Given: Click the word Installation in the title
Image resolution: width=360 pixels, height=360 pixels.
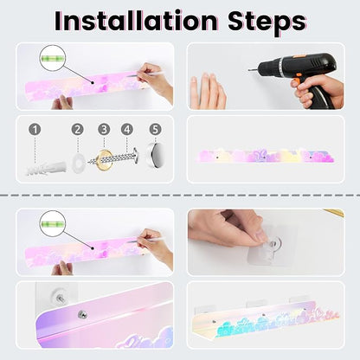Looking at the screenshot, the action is pos(136,21).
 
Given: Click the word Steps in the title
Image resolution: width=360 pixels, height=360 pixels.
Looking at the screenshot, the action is pos(267,22).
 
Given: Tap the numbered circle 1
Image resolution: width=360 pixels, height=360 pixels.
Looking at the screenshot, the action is pos(35,130).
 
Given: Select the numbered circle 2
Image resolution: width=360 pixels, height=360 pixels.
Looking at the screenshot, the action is pos(78,130).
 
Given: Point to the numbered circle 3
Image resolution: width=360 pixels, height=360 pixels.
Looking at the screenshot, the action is pos(104,130).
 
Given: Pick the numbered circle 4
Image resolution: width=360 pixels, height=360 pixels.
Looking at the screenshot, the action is pos(127,130).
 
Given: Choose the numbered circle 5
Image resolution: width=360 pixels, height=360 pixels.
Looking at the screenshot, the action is pos(155,130).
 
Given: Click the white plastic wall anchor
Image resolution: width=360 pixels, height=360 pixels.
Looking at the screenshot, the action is pos(46,169).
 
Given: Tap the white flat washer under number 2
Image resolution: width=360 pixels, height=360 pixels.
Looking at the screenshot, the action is pos(77,164).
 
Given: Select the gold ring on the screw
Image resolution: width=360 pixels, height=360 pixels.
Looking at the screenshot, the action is pos(105,159).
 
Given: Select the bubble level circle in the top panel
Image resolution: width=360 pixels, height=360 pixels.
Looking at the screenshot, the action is pos(52,58).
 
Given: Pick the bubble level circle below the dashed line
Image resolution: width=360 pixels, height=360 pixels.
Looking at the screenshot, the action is pos(52,224).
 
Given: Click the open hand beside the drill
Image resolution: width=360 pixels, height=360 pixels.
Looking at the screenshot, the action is pos(208,91).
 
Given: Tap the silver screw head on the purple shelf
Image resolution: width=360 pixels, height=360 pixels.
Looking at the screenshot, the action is pos(82,314).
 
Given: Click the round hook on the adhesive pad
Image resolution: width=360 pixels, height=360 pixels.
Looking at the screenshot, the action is pos(276,244).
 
